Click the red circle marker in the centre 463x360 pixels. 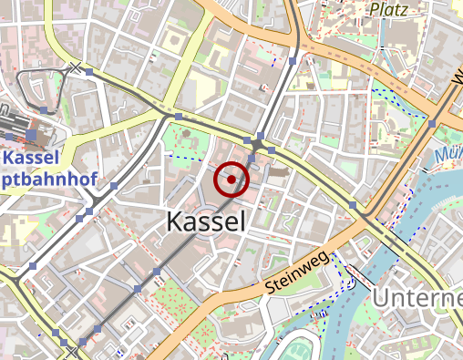point(231,180)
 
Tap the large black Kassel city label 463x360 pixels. point(206,221)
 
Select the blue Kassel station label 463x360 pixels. point(29,159)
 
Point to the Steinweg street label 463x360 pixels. point(296,272)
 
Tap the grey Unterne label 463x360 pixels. point(418,297)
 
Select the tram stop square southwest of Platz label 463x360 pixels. point(293,62)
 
